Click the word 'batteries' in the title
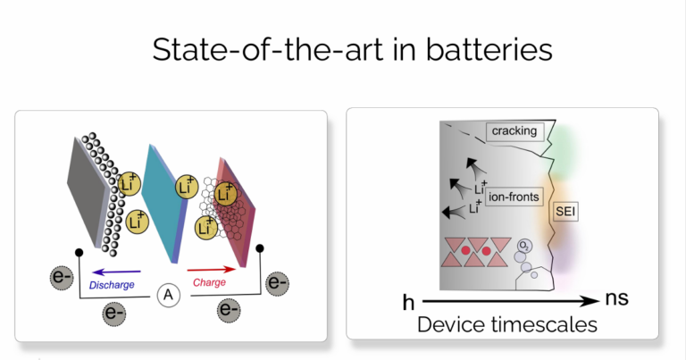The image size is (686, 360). click(x=489, y=49)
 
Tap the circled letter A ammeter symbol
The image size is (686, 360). click(x=169, y=296)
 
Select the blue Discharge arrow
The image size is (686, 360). click(x=117, y=272)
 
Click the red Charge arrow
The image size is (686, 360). click(x=212, y=270)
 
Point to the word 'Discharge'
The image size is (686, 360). click(x=112, y=285)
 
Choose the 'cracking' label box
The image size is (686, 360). click(x=514, y=131)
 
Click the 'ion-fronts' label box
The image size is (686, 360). click(x=514, y=197)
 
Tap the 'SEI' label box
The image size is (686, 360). click(x=565, y=212)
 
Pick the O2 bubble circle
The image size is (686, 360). click(x=524, y=247)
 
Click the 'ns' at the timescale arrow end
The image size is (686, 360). click(x=617, y=298)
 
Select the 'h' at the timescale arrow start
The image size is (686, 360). click(x=408, y=302)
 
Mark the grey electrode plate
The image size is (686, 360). click(x=88, y=191)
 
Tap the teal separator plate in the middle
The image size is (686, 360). click(x=164, y=204)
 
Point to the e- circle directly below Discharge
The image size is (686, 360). click(x=114, y=314)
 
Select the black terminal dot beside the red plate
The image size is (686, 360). click(x=260, y=248)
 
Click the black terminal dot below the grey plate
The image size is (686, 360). click(x=79, y=253)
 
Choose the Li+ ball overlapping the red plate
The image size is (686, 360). click(x=226, y=194)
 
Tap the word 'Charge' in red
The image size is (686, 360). click(x=209, y=282)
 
